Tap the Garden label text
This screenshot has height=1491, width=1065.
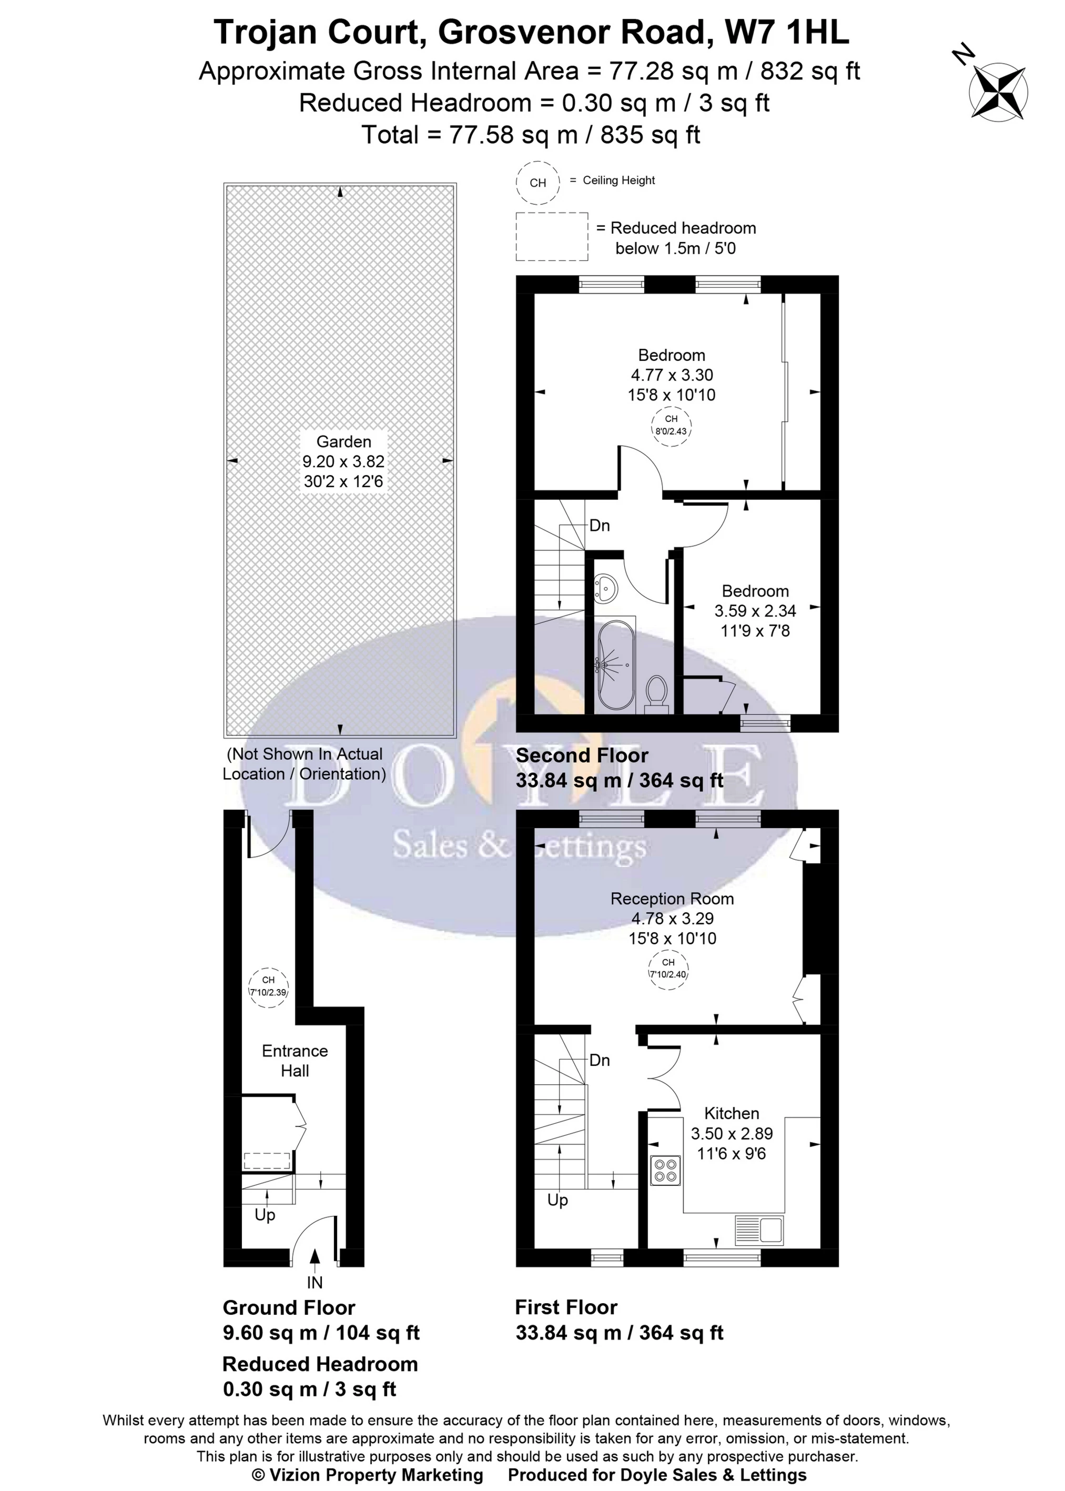click(x=343, y=441)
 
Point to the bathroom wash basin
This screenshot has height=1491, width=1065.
click(x=606, y=587)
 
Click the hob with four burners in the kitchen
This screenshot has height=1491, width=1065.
click(x=665, y=1170)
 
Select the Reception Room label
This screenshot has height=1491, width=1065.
click(x=672, y=899)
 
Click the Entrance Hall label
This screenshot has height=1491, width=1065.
click(x=295, y=1061)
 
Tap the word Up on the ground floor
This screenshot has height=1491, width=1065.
click(x=265, y=1215)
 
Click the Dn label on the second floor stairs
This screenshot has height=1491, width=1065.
click(x=600, y=526)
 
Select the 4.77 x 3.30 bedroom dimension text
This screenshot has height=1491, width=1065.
click(x=672, y=375)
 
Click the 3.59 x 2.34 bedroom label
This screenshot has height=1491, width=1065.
click(x=755, y=611)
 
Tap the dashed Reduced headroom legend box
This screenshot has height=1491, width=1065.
click(x=552, y=237)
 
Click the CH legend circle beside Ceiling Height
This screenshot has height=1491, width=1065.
click(x=537, y=183)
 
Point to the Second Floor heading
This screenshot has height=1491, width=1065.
click(x=582, y=755)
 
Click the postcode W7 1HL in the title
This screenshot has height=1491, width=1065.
click(x=786, y=33)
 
